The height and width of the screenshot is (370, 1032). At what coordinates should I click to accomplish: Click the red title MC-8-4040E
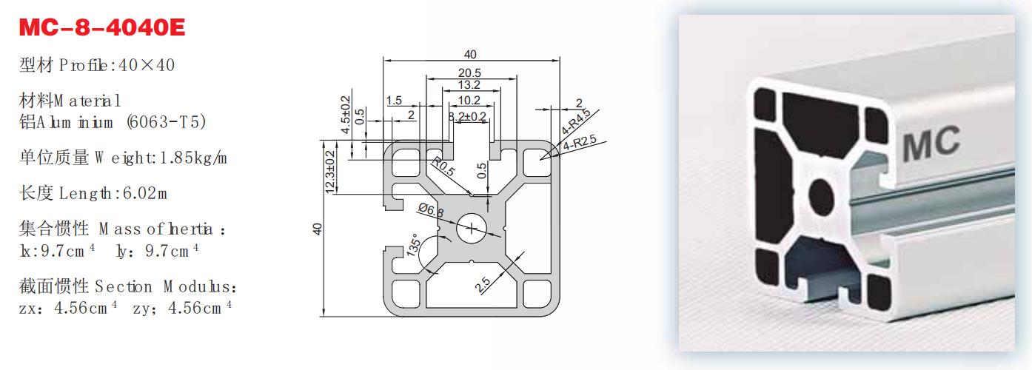point(101,27)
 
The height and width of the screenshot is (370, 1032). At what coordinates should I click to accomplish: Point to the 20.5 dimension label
point(469,73)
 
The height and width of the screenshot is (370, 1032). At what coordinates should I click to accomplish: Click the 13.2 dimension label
point(469,86)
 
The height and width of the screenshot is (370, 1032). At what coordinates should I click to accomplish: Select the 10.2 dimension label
point(469,100)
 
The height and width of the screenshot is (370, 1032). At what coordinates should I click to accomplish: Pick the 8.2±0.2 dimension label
point(468,116)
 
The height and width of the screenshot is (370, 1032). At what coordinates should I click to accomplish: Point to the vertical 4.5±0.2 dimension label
point(344,115)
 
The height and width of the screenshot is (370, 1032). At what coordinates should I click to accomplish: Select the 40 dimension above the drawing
point(470,53)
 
